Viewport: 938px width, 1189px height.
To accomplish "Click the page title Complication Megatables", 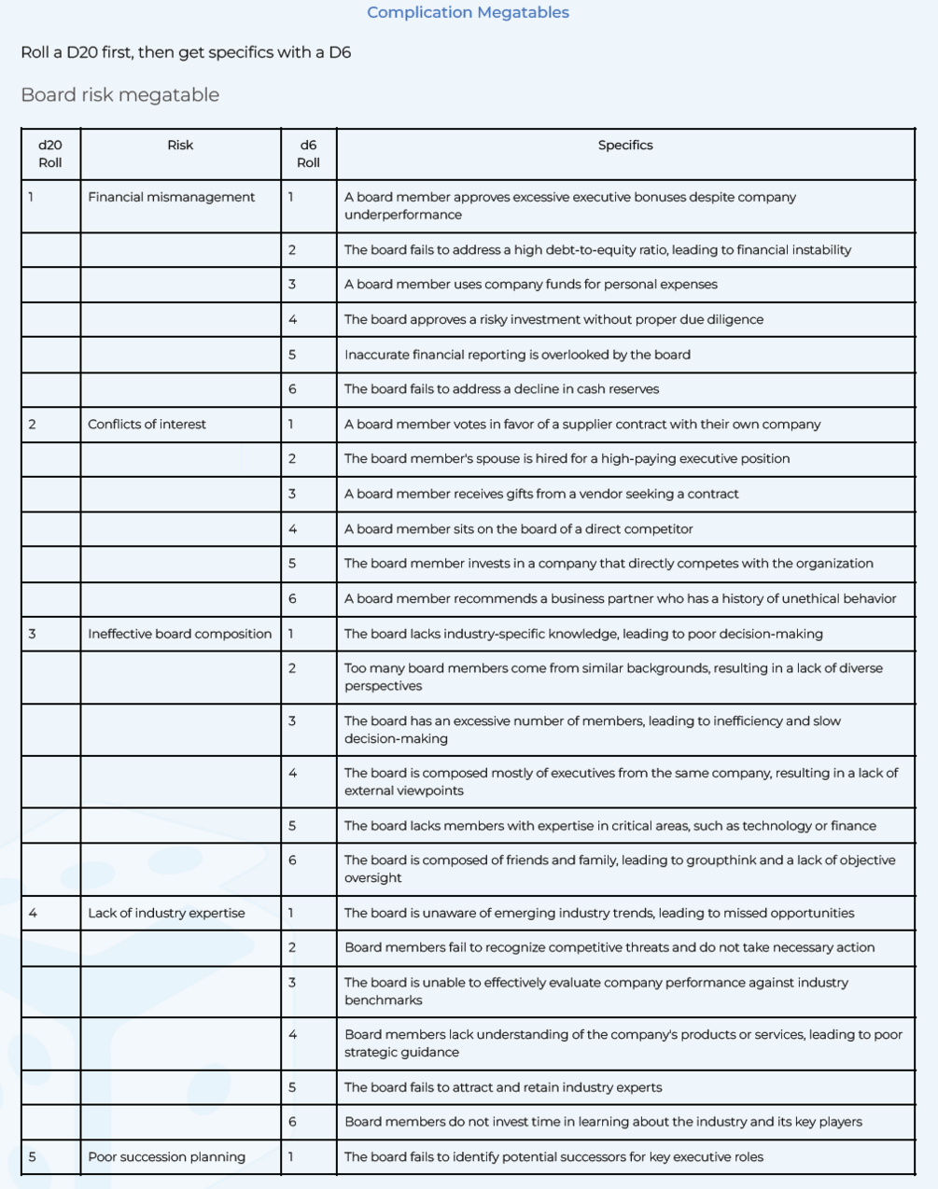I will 468,12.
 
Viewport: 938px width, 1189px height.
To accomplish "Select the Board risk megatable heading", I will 119,94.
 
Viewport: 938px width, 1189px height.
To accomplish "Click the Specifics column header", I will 624,145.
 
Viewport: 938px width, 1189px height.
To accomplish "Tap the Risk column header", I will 180,145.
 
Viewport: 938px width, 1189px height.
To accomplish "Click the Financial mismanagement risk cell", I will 171,197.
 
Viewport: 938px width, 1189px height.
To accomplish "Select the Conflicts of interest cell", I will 147,424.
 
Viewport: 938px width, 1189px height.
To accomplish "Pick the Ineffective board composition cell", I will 179,634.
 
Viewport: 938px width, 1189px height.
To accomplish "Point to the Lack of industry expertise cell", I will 166,913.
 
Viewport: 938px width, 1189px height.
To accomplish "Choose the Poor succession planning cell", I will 166,1156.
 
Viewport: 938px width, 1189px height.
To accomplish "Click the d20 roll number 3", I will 32,634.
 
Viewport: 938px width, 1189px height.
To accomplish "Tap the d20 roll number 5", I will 32,1156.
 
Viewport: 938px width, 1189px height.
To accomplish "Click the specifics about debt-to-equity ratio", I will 597,249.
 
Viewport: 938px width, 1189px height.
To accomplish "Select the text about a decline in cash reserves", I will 501,388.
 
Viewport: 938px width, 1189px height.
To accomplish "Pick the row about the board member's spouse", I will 567,458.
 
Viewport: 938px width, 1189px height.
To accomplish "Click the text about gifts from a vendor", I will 541,494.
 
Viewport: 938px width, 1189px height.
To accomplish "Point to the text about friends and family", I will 619,868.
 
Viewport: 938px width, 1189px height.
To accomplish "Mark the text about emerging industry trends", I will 598,913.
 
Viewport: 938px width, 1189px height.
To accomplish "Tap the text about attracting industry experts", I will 503,1087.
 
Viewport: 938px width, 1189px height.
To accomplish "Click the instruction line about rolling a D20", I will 186,52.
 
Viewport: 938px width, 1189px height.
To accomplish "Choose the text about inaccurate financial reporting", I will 517,355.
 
